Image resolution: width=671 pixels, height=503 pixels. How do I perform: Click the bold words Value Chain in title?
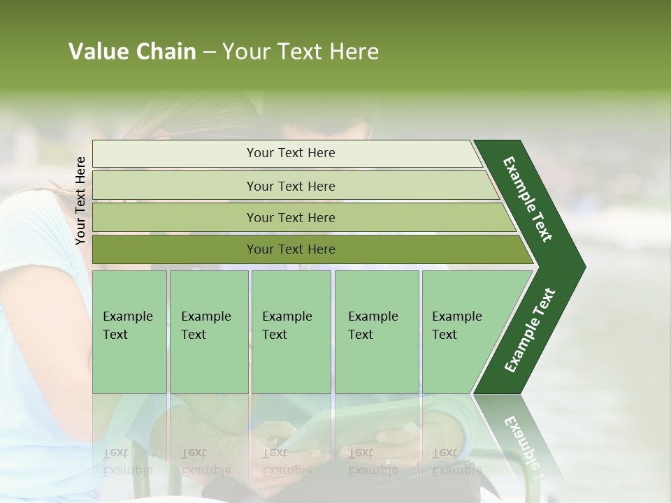pyautogui.click(x=132, y=52)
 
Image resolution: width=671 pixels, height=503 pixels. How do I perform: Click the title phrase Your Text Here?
pyautogui.click(x=301, y=52)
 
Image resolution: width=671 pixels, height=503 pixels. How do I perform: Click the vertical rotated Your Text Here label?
pyautogui.click(x=80, y=201)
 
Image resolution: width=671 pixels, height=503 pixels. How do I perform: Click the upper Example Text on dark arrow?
pyautogui.click(x=528, y=199)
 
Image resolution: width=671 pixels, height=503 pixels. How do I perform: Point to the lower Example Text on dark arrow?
pyautogui.click(x=530, y=330)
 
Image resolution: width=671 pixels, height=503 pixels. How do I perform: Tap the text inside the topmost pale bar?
pyautogui.click(x=291, y=153)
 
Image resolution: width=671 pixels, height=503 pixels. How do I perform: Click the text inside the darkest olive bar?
pyautogui.click(x=291, y=249)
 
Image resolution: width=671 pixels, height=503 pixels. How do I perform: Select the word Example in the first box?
pyautogui.click(x=127, y=316)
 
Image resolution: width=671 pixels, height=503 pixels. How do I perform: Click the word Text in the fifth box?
pyautogui.click(x=445, y=335)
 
